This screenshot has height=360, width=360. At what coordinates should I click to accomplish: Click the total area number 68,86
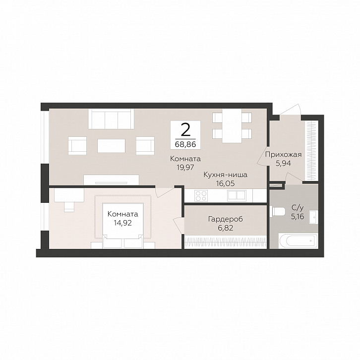(x=185, y=144)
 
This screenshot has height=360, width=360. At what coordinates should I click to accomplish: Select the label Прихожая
(x=283, y=155)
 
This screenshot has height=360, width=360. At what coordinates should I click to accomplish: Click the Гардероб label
(x=226, y=219)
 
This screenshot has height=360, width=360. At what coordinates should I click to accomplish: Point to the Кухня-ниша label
(x=226, y=175)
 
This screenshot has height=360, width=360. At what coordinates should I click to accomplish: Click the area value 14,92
(x=123, y=223)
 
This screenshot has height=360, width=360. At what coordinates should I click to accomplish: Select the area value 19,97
(x=185, y=168)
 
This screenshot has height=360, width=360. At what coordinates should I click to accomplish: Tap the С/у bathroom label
(x=298, y=208)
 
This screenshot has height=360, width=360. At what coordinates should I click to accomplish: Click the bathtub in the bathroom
(x=298, y=241)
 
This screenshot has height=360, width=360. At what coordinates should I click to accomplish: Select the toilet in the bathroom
(x=277, y=211)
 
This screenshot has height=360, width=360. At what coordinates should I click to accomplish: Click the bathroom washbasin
(x=313, y=217)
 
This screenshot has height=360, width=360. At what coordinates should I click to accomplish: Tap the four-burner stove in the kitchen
(x=201, y=196)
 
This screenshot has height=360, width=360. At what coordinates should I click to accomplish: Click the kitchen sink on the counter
(x=237, y=195)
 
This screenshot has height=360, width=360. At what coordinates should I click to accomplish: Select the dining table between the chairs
(x=232, y=125)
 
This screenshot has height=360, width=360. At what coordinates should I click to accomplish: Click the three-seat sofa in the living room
(x=111, y=119)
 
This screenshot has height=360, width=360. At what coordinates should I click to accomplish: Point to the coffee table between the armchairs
(x=112, y=146)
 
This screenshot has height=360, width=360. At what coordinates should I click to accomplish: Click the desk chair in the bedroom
(x=69, y=207)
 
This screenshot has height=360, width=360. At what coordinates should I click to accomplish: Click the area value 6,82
(x=226, y=228)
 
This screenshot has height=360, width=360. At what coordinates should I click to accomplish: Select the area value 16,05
(x=226, y=183)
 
